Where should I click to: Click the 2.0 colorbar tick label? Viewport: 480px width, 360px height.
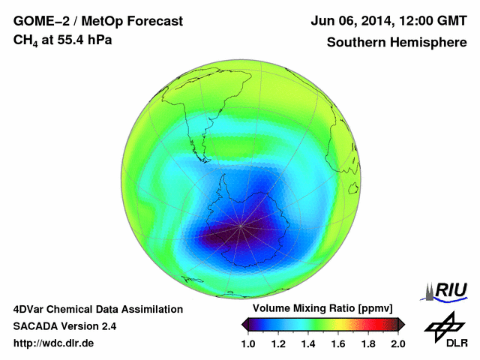[397, 343]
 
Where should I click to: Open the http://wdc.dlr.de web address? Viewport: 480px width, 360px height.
[54, 343]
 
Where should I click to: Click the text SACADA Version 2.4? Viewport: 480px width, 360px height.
[64, 326]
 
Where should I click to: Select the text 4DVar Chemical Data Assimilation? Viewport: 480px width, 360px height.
[97, 309]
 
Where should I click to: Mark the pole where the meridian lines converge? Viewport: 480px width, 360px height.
[241, 226]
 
